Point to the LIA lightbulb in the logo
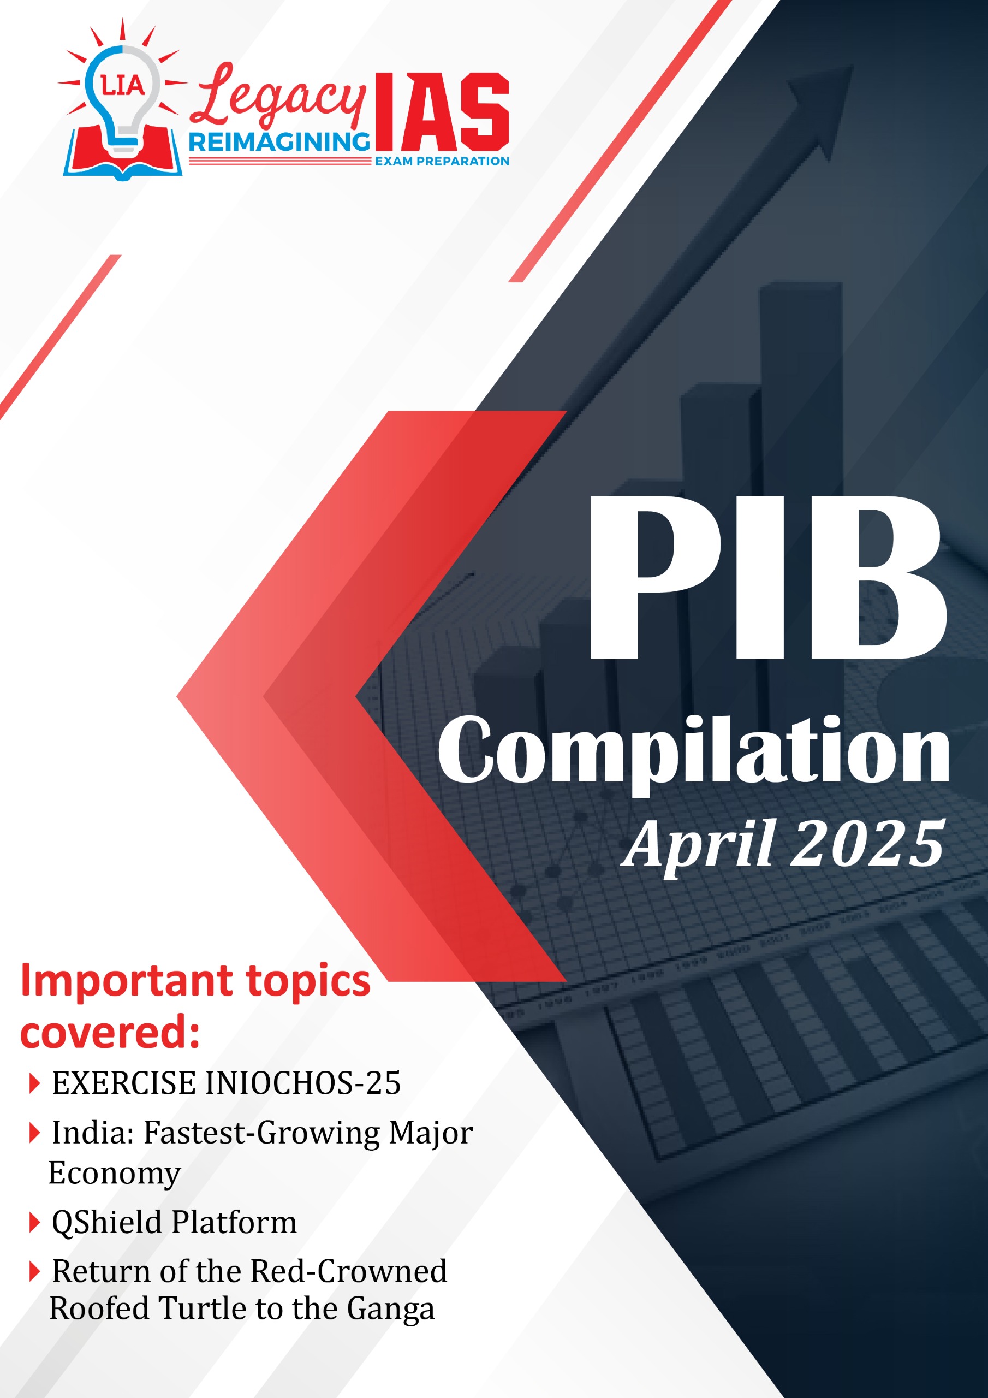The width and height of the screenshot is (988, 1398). (122, 97)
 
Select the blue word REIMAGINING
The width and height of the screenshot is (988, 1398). (279, 142)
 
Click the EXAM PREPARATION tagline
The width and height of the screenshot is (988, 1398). (442, 161)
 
